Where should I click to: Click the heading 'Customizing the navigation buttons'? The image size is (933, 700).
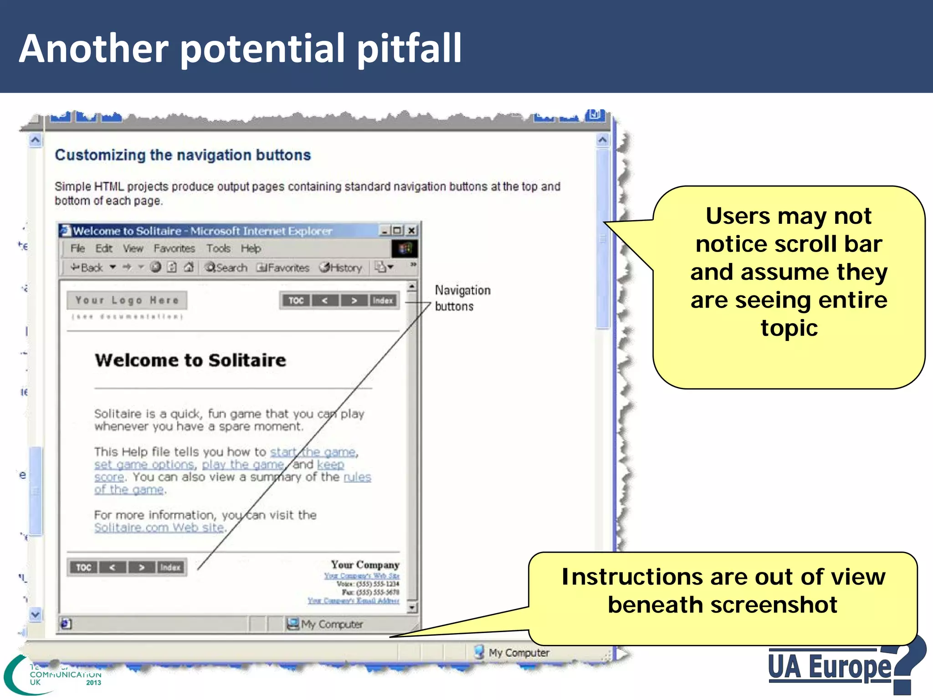point(183,155)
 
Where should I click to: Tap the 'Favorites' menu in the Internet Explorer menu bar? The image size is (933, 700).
point(174,248)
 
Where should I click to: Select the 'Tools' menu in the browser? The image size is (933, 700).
point(218,248)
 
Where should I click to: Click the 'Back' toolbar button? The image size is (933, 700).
point(87,268)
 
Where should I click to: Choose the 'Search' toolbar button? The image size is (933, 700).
point(226,268)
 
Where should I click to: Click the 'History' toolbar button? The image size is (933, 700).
point(341,268)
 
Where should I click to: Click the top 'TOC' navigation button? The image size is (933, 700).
point(296,300)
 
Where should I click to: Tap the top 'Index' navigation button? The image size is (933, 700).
point(383,300)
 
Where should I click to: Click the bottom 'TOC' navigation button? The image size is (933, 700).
point(83,567)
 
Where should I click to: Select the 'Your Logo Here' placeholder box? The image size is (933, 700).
point(127,300)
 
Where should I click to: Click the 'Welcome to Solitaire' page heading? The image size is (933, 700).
point(190,360)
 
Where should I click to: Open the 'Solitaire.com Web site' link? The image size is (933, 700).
point(159,528)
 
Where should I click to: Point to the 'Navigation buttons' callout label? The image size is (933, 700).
point(462,298)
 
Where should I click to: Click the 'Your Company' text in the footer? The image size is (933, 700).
point(365,565)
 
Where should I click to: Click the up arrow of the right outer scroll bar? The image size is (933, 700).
point(602,140)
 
